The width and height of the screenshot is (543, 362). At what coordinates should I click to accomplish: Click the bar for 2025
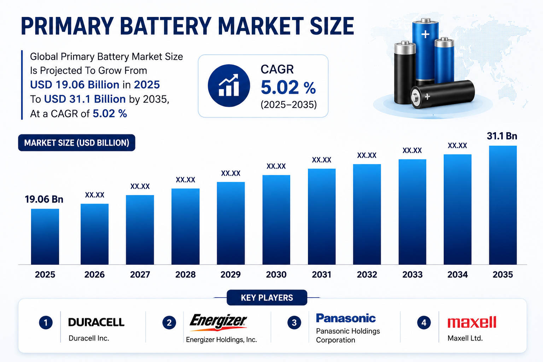[45, 237]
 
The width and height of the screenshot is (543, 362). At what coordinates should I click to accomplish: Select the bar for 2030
[276, 220]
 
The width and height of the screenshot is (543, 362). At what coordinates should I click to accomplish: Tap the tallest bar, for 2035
[503, 205]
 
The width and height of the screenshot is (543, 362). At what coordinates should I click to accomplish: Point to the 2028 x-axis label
[186, 274]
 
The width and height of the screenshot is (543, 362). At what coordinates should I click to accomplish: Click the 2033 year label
[412, 274]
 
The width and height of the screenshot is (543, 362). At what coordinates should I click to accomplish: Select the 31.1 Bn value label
[502, 136]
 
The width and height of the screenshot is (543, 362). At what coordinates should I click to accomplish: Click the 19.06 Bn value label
[44, 199]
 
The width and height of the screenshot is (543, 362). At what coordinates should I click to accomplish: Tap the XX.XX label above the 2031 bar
[321, 160]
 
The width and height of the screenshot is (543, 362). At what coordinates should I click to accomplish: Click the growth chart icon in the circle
[229, 86]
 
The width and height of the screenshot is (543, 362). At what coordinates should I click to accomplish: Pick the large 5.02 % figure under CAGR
[288, 87]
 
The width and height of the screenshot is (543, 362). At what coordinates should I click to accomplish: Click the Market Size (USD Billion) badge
[77, 143]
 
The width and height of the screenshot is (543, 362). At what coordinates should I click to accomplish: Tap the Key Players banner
[267, 298]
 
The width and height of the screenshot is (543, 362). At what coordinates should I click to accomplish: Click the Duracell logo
[96, 322]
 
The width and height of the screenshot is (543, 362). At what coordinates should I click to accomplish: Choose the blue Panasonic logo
[346, 318]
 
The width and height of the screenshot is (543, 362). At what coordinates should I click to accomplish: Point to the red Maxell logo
[472, 322]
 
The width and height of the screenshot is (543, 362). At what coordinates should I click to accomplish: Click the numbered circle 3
[294, 322]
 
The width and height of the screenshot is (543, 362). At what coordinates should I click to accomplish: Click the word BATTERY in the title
[165, 26]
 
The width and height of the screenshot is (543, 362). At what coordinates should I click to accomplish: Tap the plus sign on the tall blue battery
[425, 34]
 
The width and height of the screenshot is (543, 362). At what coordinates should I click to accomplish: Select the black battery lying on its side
[442, 94]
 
